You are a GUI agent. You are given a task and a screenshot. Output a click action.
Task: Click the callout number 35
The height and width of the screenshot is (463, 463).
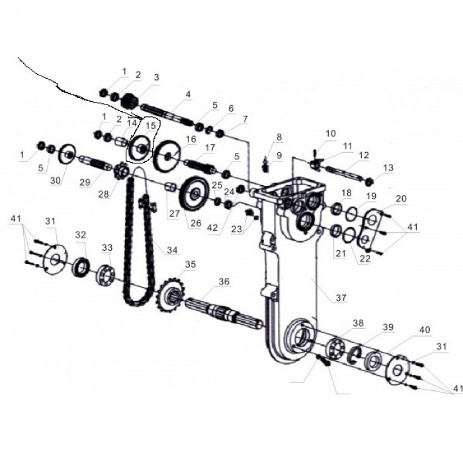coord(190,265)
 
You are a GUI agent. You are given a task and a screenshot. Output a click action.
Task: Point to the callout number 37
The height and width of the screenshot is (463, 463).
coord(341,298)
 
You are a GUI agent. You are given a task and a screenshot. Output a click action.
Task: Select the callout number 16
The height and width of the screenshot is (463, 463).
coord(191,140)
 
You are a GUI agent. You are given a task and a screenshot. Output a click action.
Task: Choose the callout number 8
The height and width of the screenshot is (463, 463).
coord(278,138)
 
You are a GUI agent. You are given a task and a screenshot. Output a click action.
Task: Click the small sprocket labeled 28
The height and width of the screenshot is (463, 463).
coord(120,174)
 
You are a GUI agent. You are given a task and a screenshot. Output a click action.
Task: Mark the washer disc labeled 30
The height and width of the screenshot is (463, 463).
coord(68,156)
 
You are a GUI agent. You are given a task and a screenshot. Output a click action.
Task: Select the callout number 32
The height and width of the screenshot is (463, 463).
coord(81,235)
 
